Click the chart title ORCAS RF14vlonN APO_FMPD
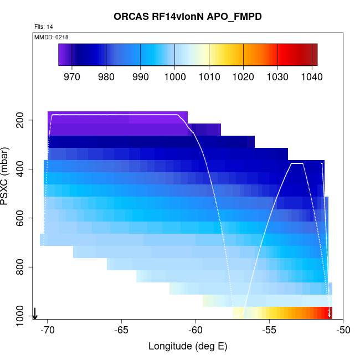pyautogui.click(x=188, y=17)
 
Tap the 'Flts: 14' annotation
pyautogui.click(x=43, y=27)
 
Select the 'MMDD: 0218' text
pyautogui.click(x=51, y=37)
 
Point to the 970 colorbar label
pyautogui.click(x=72, y=76)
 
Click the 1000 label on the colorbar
pyautogui.click(x=174, y=76)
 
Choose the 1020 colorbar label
pyautogui.click(x=243, y=76)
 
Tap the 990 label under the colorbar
pyautogui.click(x=140, y=76)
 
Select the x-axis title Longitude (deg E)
pyautogui.click(x=188, y=347)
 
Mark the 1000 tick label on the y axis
pyautogui.click(x=23, y=316)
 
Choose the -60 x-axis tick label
pyautogui.click(x=195, y=330)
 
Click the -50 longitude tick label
pyautogui.click(x=343, y=330)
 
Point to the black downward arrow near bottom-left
pyautogui.click(x=35, y=313)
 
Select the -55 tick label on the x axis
pyautogui.click(x=269, y=330)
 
